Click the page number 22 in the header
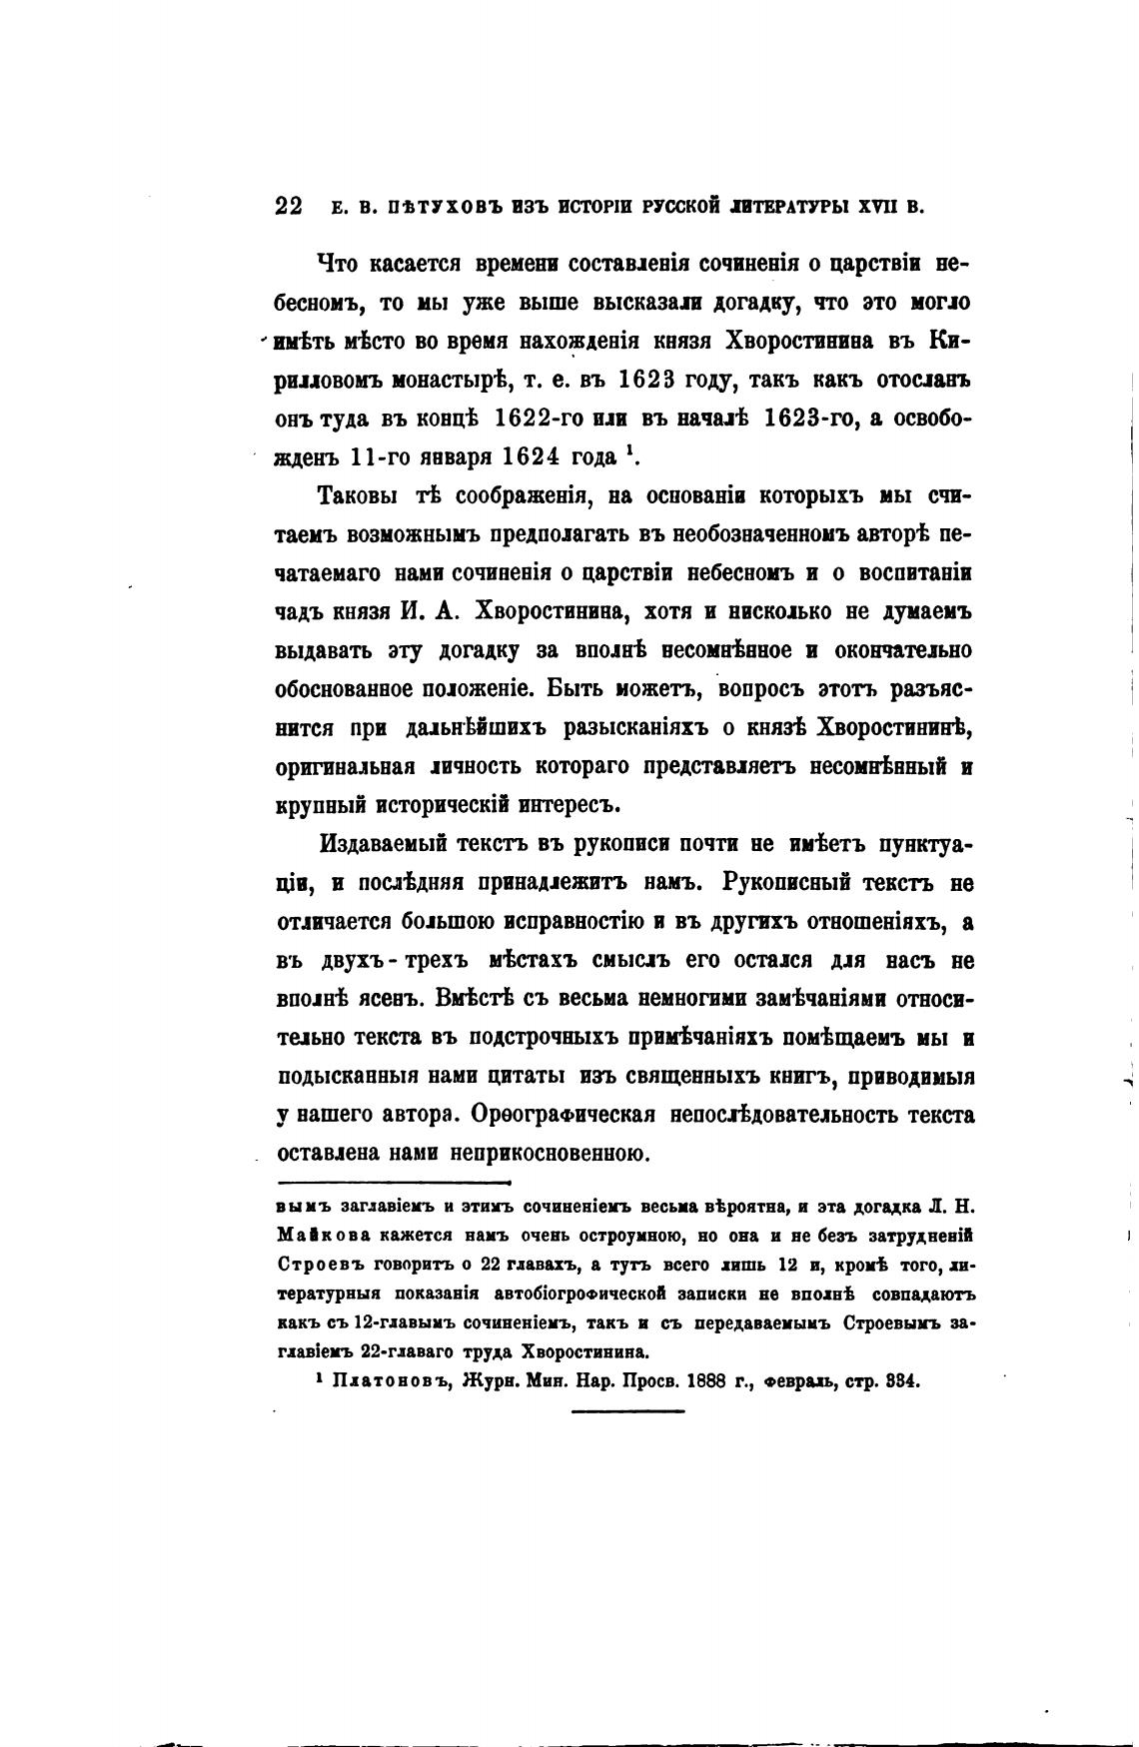(289, 206)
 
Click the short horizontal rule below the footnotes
(627, 1411)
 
